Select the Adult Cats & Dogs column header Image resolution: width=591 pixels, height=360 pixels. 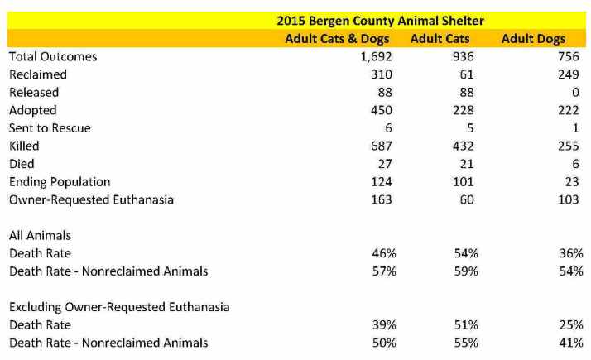click(x=339, y=39)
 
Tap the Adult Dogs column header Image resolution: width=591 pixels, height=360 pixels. click(x=534, y=39)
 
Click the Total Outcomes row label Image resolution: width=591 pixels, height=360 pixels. click(x=53, y=57)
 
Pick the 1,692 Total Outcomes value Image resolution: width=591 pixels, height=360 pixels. click(x=376, y=57)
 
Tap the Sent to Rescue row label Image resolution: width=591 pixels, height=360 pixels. click(x=50, y=128)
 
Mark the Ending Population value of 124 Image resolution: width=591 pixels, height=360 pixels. click(x=381, y=182)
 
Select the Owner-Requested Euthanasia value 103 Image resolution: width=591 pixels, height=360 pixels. click(x=569, y=199)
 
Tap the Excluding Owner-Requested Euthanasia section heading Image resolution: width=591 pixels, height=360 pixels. click(x=118, y=307)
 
